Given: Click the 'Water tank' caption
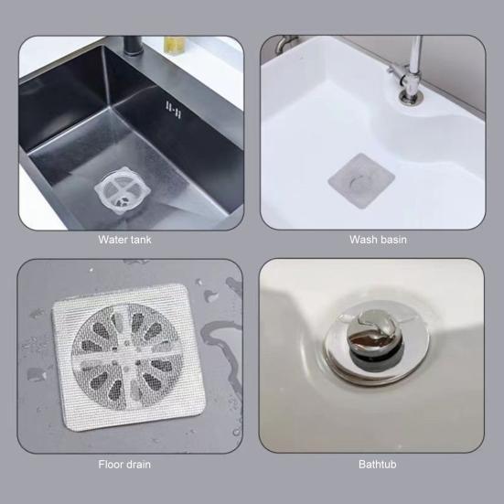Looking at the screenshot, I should (x=125, y=240).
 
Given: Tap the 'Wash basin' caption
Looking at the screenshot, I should (x=378, y=240).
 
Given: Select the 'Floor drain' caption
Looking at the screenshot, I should (x=125, y=464).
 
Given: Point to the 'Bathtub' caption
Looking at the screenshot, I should (x=378, y=464).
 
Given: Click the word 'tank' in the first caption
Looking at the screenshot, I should (x=141, y=240).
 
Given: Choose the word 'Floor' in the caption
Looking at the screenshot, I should (x=111, y=464).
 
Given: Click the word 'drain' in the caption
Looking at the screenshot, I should (x=139, y=464).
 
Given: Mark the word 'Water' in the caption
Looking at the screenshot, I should (x=113, y=240).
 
